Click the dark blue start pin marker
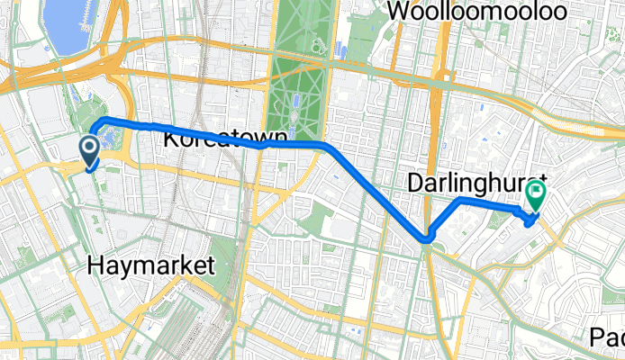click(91, 150)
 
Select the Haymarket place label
click(152, 265)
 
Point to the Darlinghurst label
click(465, 183)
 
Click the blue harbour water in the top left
click(67, 27)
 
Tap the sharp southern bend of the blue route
click(427, 238)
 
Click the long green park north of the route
click(296, 72)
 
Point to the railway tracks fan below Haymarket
click(189, 315)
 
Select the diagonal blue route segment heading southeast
click(378, 190)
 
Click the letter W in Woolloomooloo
click(397, 12)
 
